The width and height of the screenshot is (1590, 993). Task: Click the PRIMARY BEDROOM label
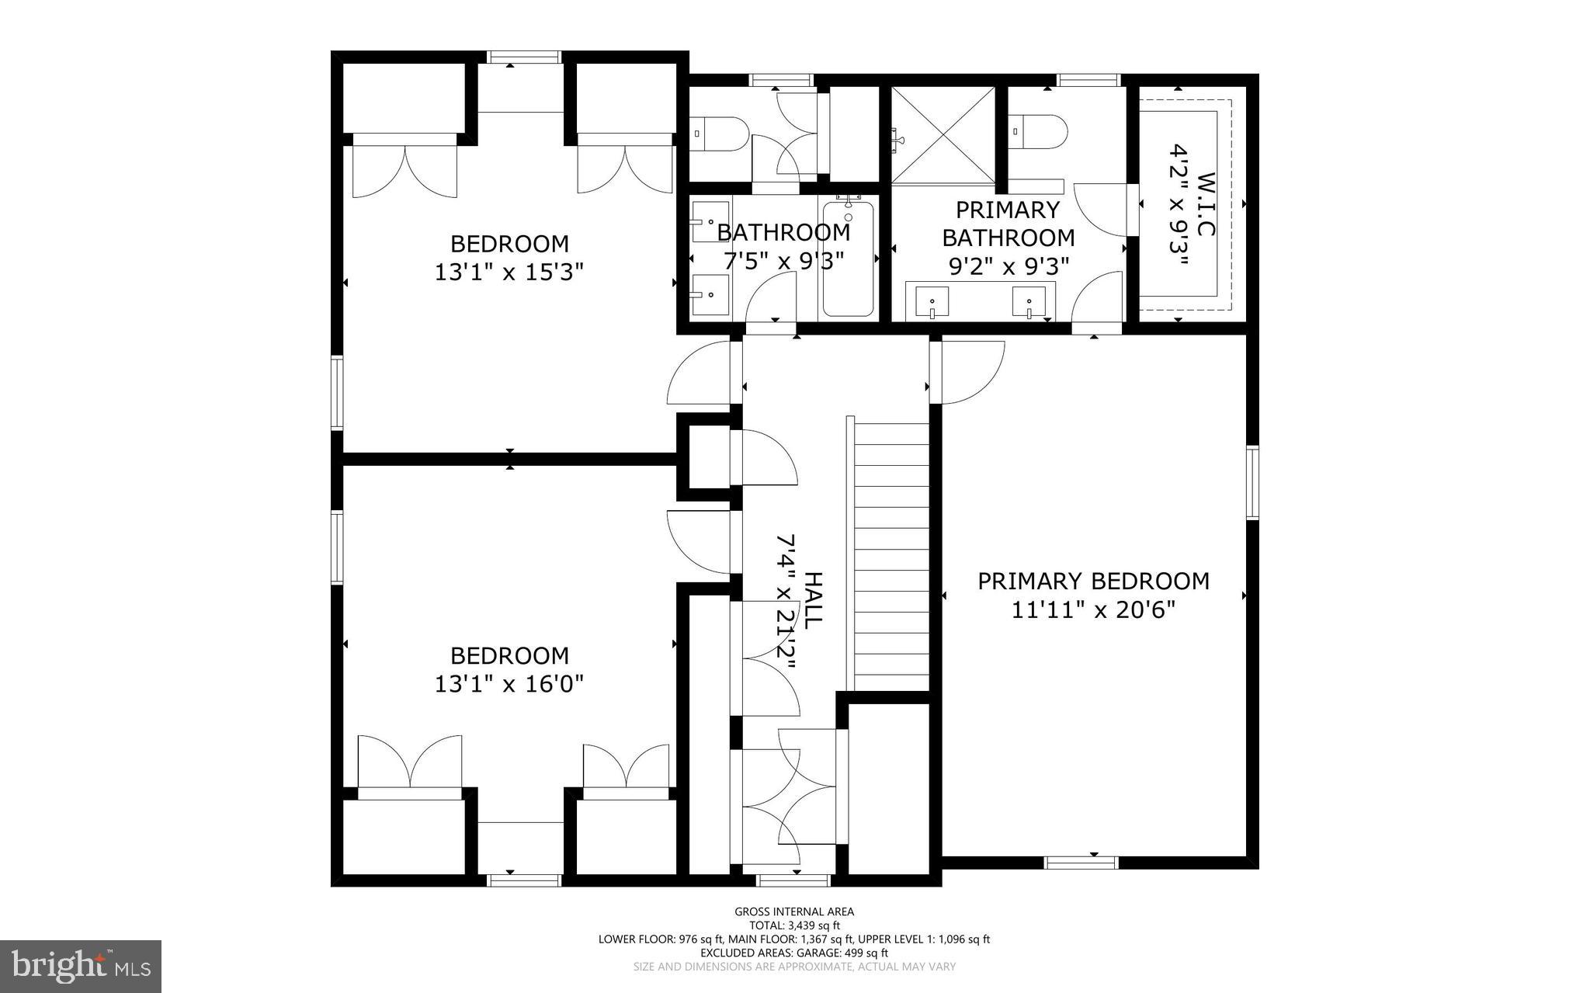tap(1093, 581)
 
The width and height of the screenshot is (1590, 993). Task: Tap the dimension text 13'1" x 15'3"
tap(509, 273)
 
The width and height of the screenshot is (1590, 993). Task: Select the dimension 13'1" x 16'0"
tap(509, 684)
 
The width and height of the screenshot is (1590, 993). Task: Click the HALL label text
tap(812, 600)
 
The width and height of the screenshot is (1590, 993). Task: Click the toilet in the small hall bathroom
tap(719, 134)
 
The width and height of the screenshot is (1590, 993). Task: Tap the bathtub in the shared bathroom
tap(848, 258)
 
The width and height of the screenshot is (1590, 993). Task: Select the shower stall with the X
tap(943, 134)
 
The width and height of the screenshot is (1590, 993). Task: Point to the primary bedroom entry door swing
tap(970, 373)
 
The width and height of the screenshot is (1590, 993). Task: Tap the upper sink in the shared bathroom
tap(710, 221)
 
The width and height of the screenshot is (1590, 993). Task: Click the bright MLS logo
tap(81, 966)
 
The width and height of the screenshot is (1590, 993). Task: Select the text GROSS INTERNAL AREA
tap(794, 911)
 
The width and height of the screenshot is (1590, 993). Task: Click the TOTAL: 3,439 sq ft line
tap(794, 925)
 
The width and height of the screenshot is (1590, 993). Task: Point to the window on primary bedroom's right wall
tap(1252, 481)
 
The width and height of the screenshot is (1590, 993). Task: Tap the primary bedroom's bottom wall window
tap(1081, 862)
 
